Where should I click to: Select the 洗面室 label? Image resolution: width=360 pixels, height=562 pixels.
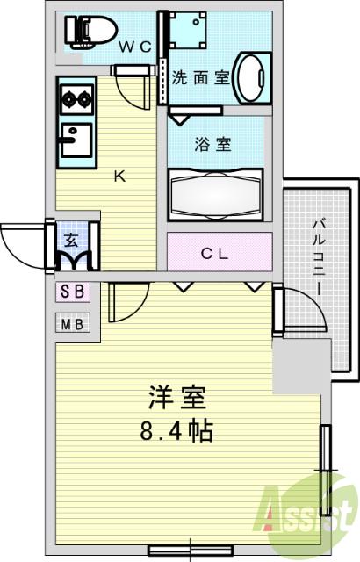click(x=200, y=76)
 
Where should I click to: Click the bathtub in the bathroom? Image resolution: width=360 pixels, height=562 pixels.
click(x=217, y=191)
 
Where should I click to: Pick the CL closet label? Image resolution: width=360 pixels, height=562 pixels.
click(x=215, y=255)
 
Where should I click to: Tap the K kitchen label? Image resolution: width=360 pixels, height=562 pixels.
click(x=121, y=175)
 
